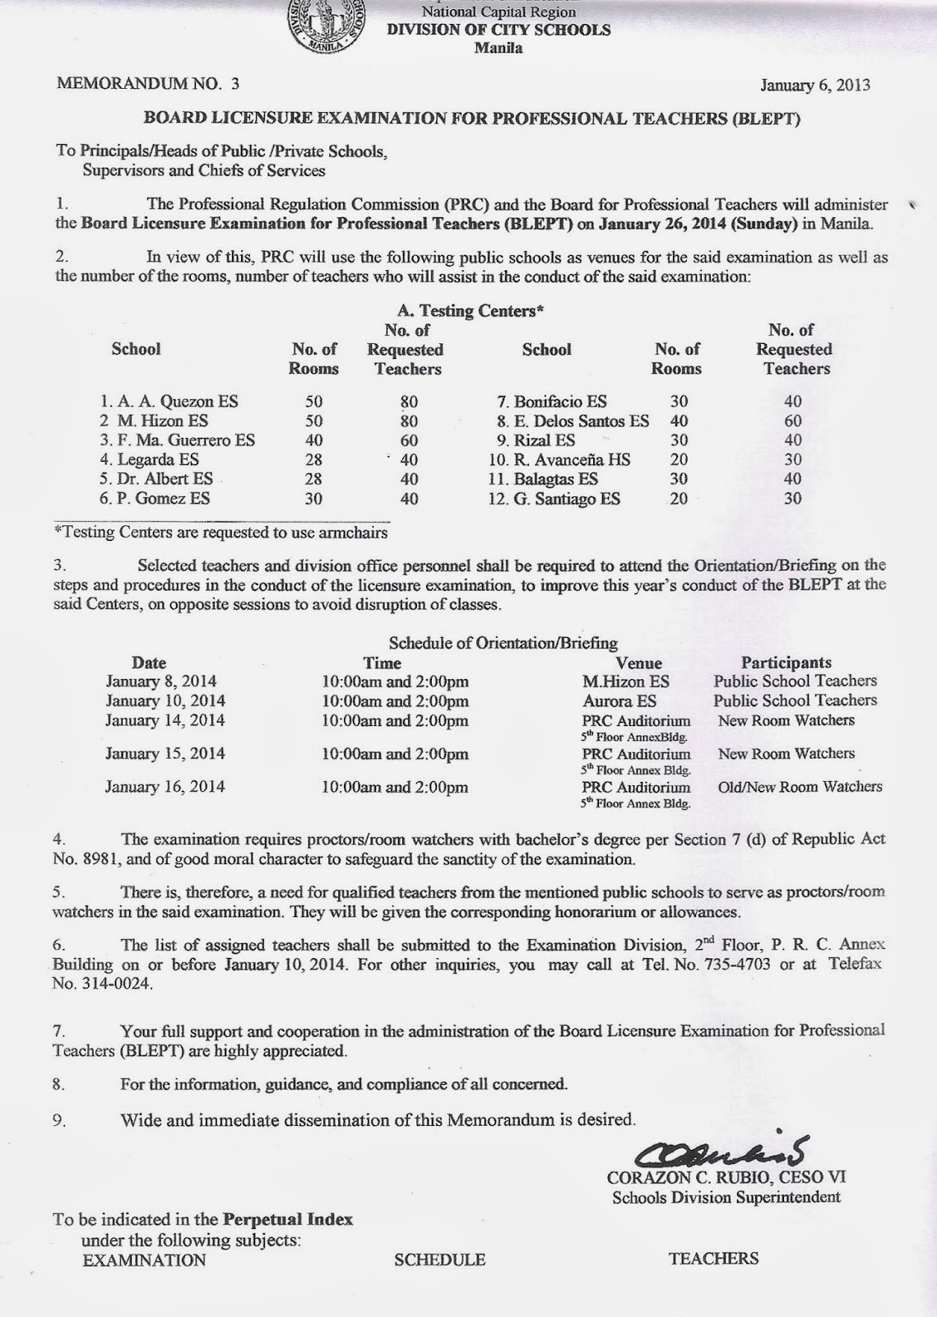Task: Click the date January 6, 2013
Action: coord(814,85)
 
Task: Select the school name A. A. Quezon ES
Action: coord(168,402)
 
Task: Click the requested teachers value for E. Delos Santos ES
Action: coord(793,421)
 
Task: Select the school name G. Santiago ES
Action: coord(554,499)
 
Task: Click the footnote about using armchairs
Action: coord(220,532)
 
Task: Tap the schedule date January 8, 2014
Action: coord(161,682)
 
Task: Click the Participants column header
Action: coord(786,663)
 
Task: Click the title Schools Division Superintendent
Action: coord(726,1198)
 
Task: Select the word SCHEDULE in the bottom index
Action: coord(439,1259)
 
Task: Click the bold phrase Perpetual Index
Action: coord(288,1219)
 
